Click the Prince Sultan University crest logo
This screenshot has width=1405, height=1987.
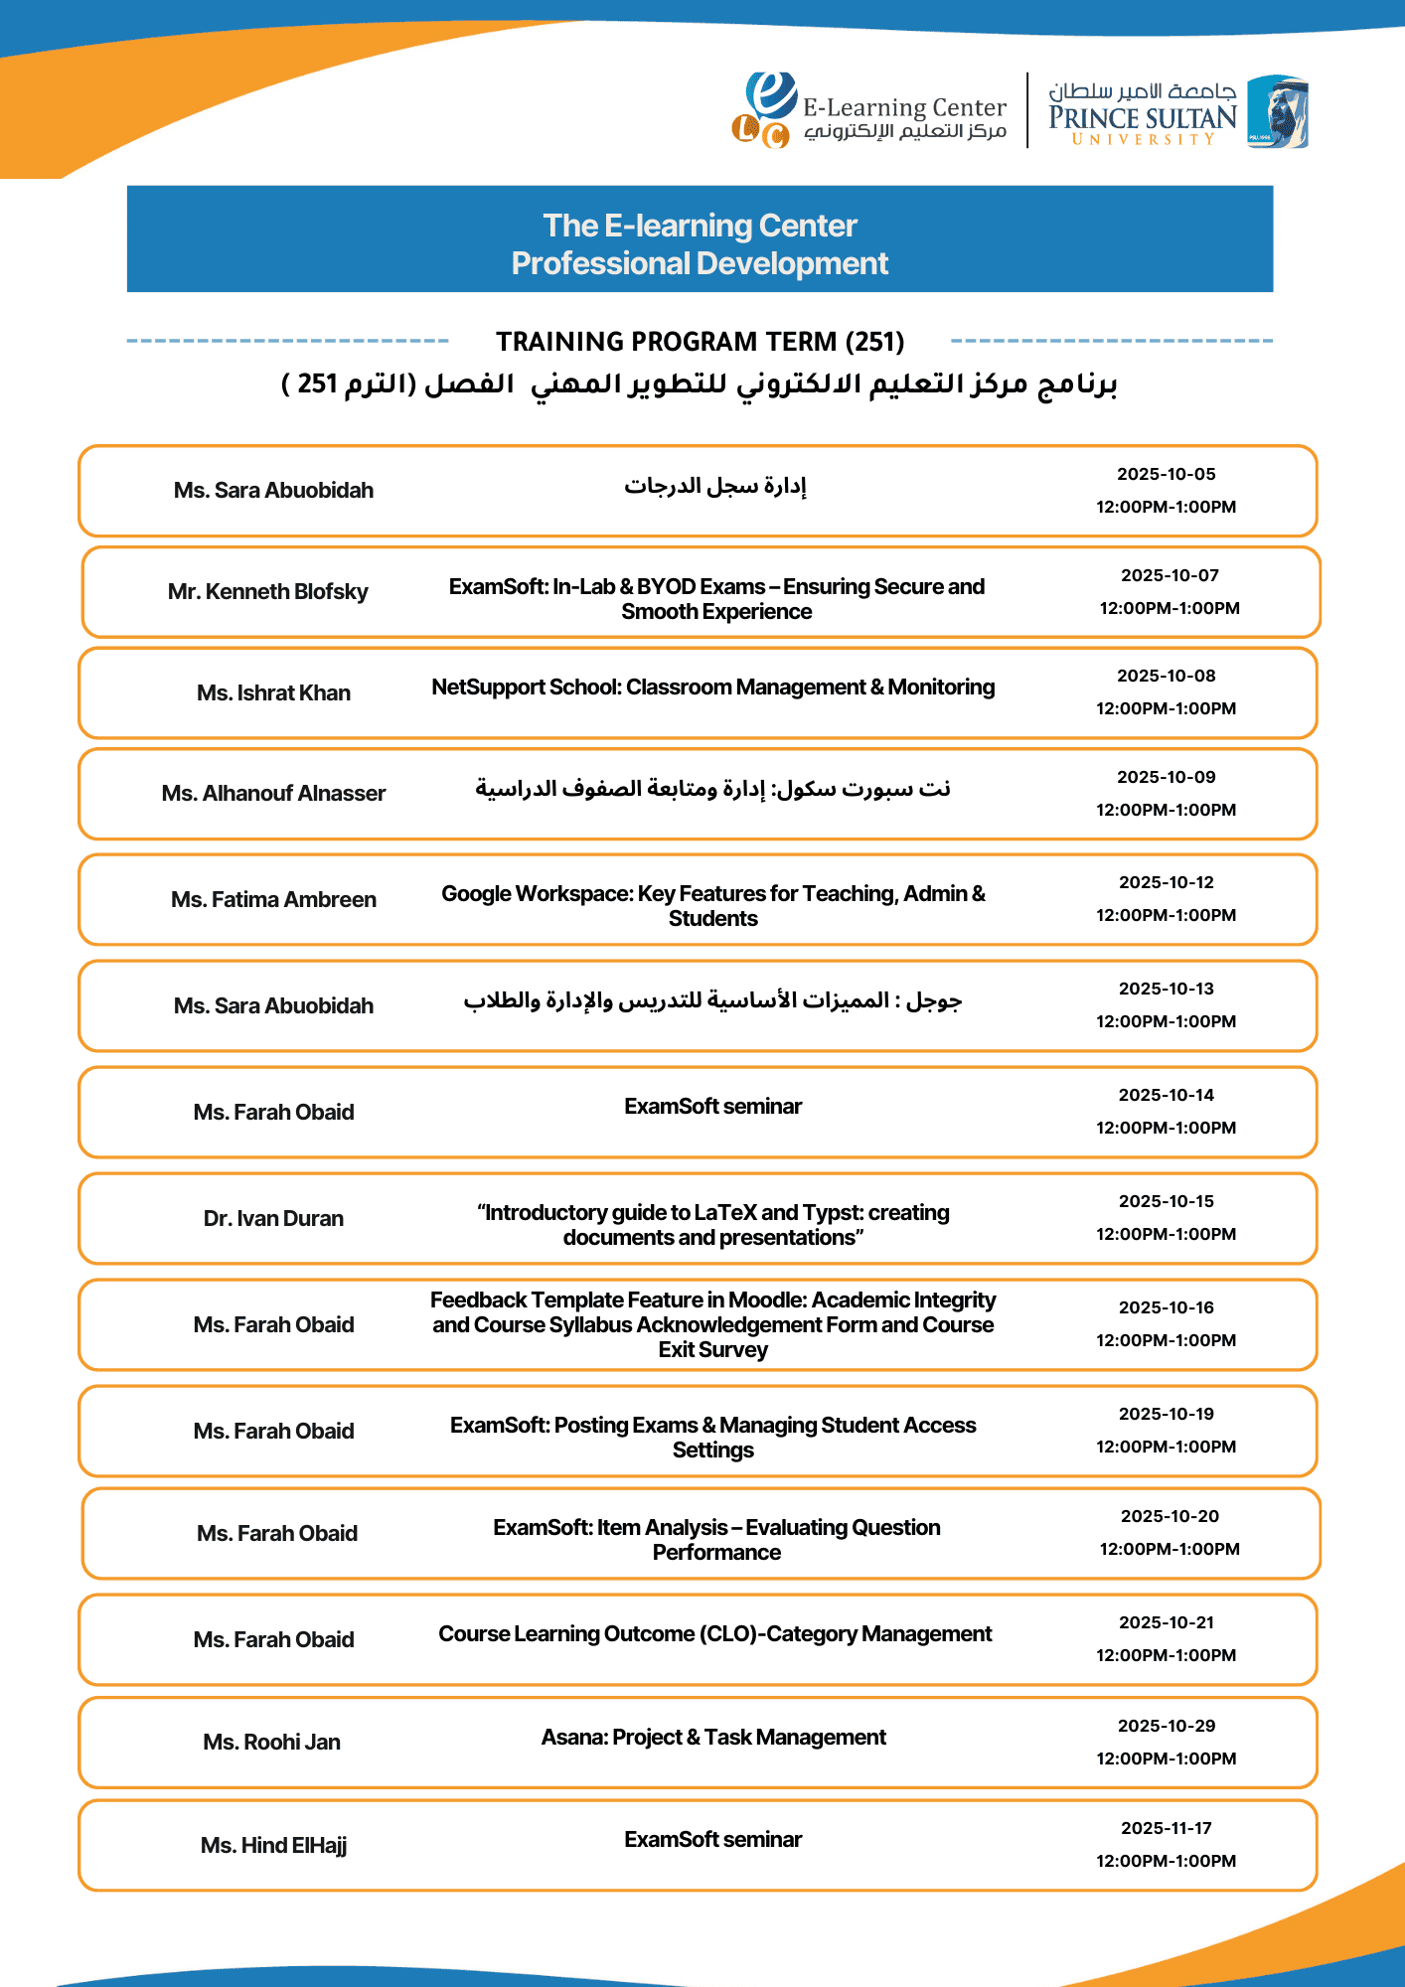click(x=1278, y=111)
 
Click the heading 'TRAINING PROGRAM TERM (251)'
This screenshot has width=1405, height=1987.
click(x=701, y=342)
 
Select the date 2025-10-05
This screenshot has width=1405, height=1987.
click(x=1166, y=475)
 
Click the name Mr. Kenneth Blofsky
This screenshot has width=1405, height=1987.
click(x=268, y=592)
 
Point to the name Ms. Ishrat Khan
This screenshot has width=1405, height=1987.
click(x=273, y=693)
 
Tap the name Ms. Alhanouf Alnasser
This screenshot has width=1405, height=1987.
click(x=273, y=794)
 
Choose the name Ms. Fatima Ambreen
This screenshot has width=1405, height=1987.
click(x=273, y=900)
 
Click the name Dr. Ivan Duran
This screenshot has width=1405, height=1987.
click(x=273, y=1219)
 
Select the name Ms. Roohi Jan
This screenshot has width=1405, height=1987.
click(x=271, y=1743)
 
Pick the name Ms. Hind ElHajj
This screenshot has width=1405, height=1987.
click(x=273, y=1846)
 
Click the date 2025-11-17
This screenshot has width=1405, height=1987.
click(x=1166, y=1829)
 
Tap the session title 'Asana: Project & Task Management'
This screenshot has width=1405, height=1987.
click(x=713, y=1738)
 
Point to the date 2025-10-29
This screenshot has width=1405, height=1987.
click(x=1166, y=1727)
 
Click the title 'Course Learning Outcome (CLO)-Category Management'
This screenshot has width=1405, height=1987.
click(x=714, y=1634)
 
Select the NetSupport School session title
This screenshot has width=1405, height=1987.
click(x=712, y=688)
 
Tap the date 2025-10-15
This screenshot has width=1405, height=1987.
click(x=1166, y=1202)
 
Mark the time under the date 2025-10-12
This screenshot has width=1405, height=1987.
click(x=1166, y=916)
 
